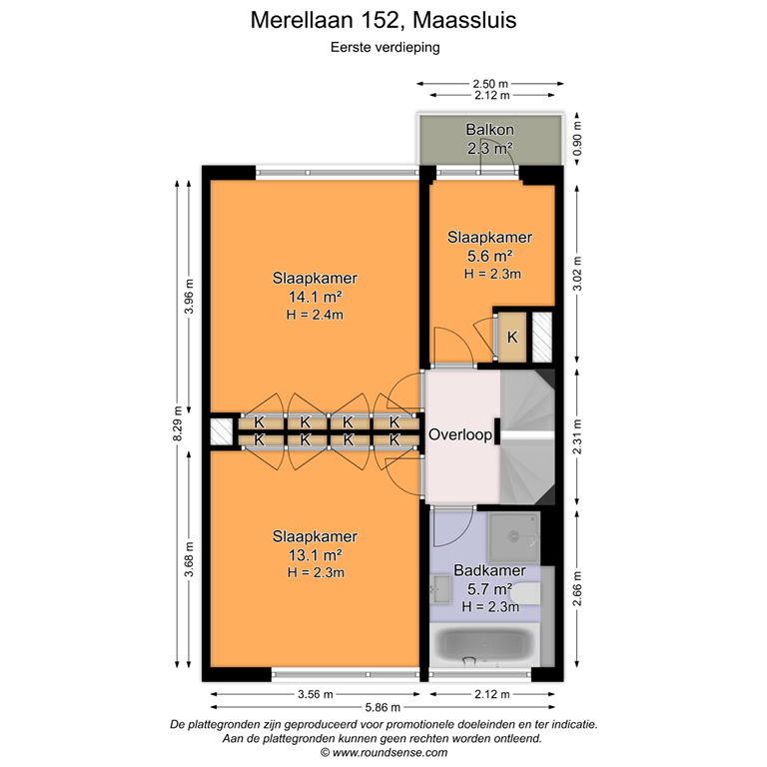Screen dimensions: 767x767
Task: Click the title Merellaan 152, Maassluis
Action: (383, 20)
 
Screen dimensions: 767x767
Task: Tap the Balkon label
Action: (489, 130)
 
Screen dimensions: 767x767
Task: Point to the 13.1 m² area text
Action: (315, 555)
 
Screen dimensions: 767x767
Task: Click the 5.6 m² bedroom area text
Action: (489, 256)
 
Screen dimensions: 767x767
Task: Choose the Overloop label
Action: (460, 435)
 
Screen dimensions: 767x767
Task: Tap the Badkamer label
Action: (489, 571)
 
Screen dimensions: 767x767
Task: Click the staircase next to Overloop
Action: (527, 435)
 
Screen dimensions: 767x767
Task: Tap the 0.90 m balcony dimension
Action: (576, 140)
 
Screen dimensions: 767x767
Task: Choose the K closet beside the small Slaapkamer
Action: (512, 338)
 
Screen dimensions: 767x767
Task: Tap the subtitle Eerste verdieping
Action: (383, 45)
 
